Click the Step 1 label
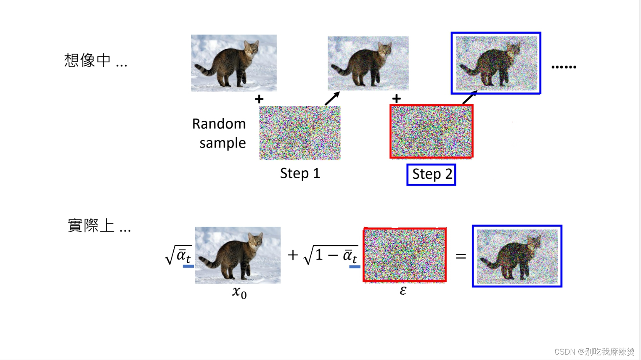300,173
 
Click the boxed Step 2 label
431,175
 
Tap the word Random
219,124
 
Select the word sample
222,143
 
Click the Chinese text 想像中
87,61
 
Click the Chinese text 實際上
91,226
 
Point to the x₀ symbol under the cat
239,292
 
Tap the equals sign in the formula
461,256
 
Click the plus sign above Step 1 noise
259,99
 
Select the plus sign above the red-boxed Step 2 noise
396,99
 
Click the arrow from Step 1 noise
332,99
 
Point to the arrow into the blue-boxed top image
469,98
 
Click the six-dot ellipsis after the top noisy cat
564,67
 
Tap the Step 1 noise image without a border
300,133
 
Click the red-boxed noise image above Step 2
432,132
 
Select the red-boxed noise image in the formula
405,255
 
